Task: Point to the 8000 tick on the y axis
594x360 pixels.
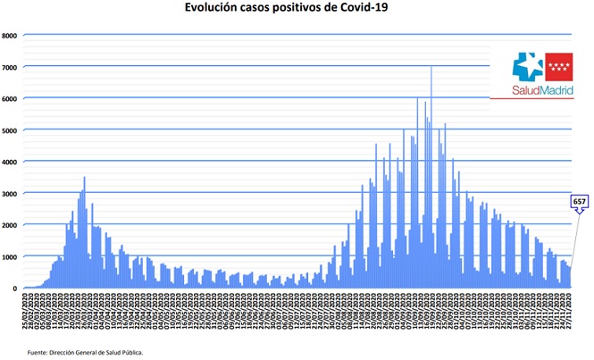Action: click(11, 36)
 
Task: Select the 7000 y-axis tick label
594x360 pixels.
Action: click(11, 67)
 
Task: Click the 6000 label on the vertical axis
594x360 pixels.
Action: click(11, 98)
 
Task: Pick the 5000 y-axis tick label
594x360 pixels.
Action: click(11, 130)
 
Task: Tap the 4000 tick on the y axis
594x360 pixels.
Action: click(11, 162)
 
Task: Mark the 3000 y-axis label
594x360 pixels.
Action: click(11, 193)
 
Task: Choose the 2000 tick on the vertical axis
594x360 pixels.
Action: click(11, 225)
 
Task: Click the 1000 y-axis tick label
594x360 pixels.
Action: click(11, 256)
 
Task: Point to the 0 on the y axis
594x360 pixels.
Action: click(16, 288)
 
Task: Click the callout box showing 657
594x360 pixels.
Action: click(579, 202)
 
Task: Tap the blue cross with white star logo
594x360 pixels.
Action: click(527, 65)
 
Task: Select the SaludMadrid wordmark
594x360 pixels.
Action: click(542, 89)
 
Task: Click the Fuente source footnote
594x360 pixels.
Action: click(85, 352)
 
